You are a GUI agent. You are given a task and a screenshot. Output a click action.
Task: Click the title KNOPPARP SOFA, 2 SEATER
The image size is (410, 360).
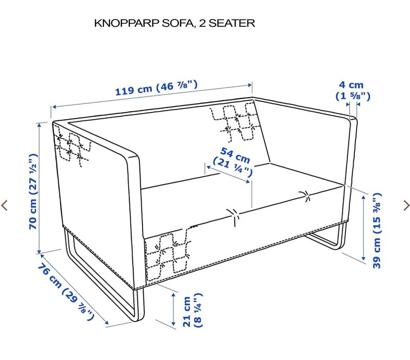point(175,23)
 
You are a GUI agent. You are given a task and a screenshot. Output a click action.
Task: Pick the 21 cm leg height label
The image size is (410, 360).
point(192,311)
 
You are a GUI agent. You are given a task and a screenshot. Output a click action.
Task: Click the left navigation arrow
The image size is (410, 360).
point(5,205)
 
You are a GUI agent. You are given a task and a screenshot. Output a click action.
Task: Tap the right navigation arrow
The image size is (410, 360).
point(406,205)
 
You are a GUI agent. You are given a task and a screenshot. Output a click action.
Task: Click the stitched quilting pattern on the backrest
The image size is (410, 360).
point(234,121)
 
